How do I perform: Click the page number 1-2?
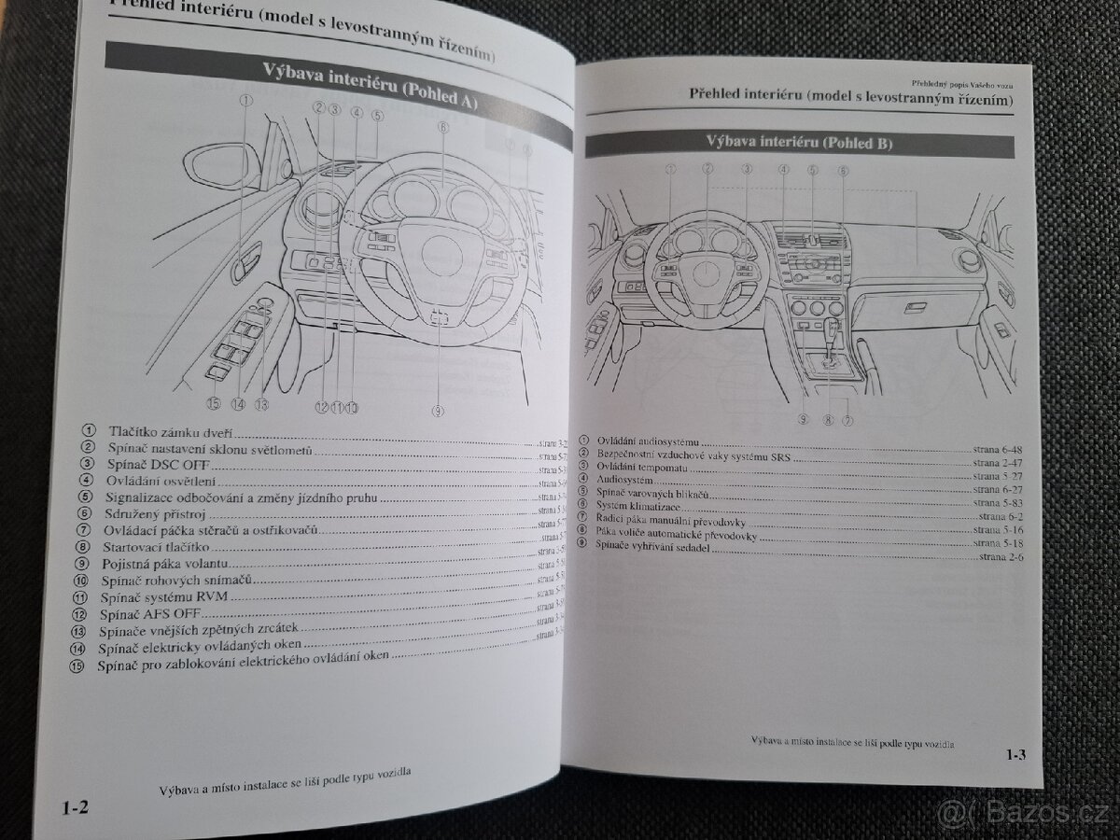(x=76, y=806)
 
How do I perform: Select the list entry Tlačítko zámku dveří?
(x=171, y=432)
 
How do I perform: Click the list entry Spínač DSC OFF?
(x=159, y=464)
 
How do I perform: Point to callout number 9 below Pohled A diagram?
(x=438, y=411)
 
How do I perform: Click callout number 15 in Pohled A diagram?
(x=214, y=403)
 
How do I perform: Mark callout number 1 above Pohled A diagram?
(x=245, y=101)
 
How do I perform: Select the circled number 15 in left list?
(x=76, y=666)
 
